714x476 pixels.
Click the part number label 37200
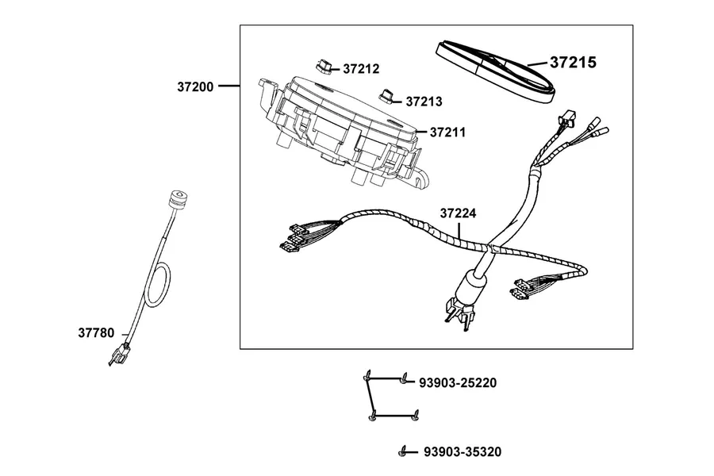click(x=195, y=86)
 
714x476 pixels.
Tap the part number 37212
click(x=361, y=69)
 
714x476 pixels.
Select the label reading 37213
click(x=424, y=102)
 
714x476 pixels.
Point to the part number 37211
click(x=447, y=132)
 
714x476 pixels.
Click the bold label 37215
click(x=573, y=63)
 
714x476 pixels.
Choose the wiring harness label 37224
click(x=458, y=213)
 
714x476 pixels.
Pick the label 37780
click(x=96, y=333)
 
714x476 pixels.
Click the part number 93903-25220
click(x=458, y=383)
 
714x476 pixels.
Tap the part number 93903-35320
click(x=463, y=452)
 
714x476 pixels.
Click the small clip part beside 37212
click(x=324, y=66)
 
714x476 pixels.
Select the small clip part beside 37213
click(x=387, y=96)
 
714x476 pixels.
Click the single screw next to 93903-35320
click(x=402, y=452)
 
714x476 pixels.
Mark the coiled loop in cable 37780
click(x=158, y=285)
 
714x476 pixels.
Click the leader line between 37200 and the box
click(x=229, y=86)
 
